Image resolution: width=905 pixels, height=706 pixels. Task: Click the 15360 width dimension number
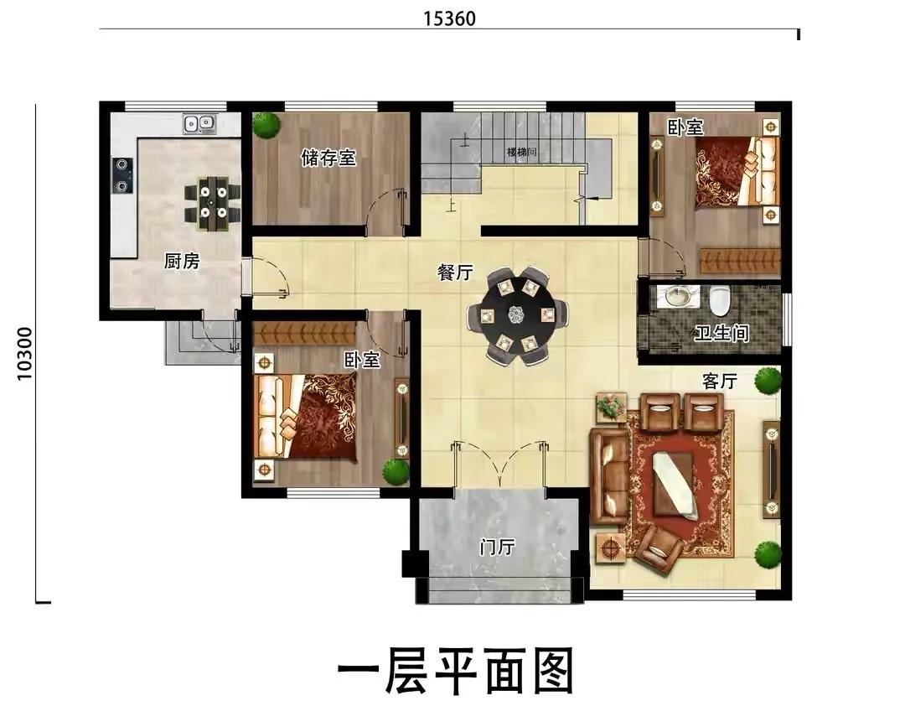click(x=450, y=19)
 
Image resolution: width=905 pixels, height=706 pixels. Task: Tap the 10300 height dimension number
click(x=25, y=354)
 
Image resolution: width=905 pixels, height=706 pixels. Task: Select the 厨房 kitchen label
click(x=182, y=262)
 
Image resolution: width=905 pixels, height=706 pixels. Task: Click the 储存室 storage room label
click(x=328, y=158)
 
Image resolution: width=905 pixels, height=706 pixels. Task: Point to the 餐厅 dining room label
click(x=455, y=273)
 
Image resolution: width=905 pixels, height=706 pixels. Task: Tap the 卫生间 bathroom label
click(x=721, y=333)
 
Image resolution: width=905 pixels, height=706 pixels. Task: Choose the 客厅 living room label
click(x=720, y=382)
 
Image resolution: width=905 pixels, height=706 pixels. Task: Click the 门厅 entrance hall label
click(x=497, y=547)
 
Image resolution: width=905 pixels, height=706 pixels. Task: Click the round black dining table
click(x=516, y=315)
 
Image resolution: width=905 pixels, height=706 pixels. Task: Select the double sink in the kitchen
click(x=199, y=123)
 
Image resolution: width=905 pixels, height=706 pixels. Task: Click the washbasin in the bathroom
click(x=677, y=296)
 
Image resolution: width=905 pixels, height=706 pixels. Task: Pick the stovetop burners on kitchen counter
click(x=122, y=175)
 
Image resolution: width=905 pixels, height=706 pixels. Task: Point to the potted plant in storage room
click(x=266, y=125)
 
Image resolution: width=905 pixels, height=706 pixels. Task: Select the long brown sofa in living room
click(x=608, y=477)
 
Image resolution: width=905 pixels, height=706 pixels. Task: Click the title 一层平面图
click(x=455, y=672)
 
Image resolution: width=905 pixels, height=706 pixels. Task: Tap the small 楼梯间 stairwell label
click(x=522, y=152)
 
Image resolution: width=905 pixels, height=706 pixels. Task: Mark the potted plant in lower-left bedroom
click(x=396, y=471)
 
